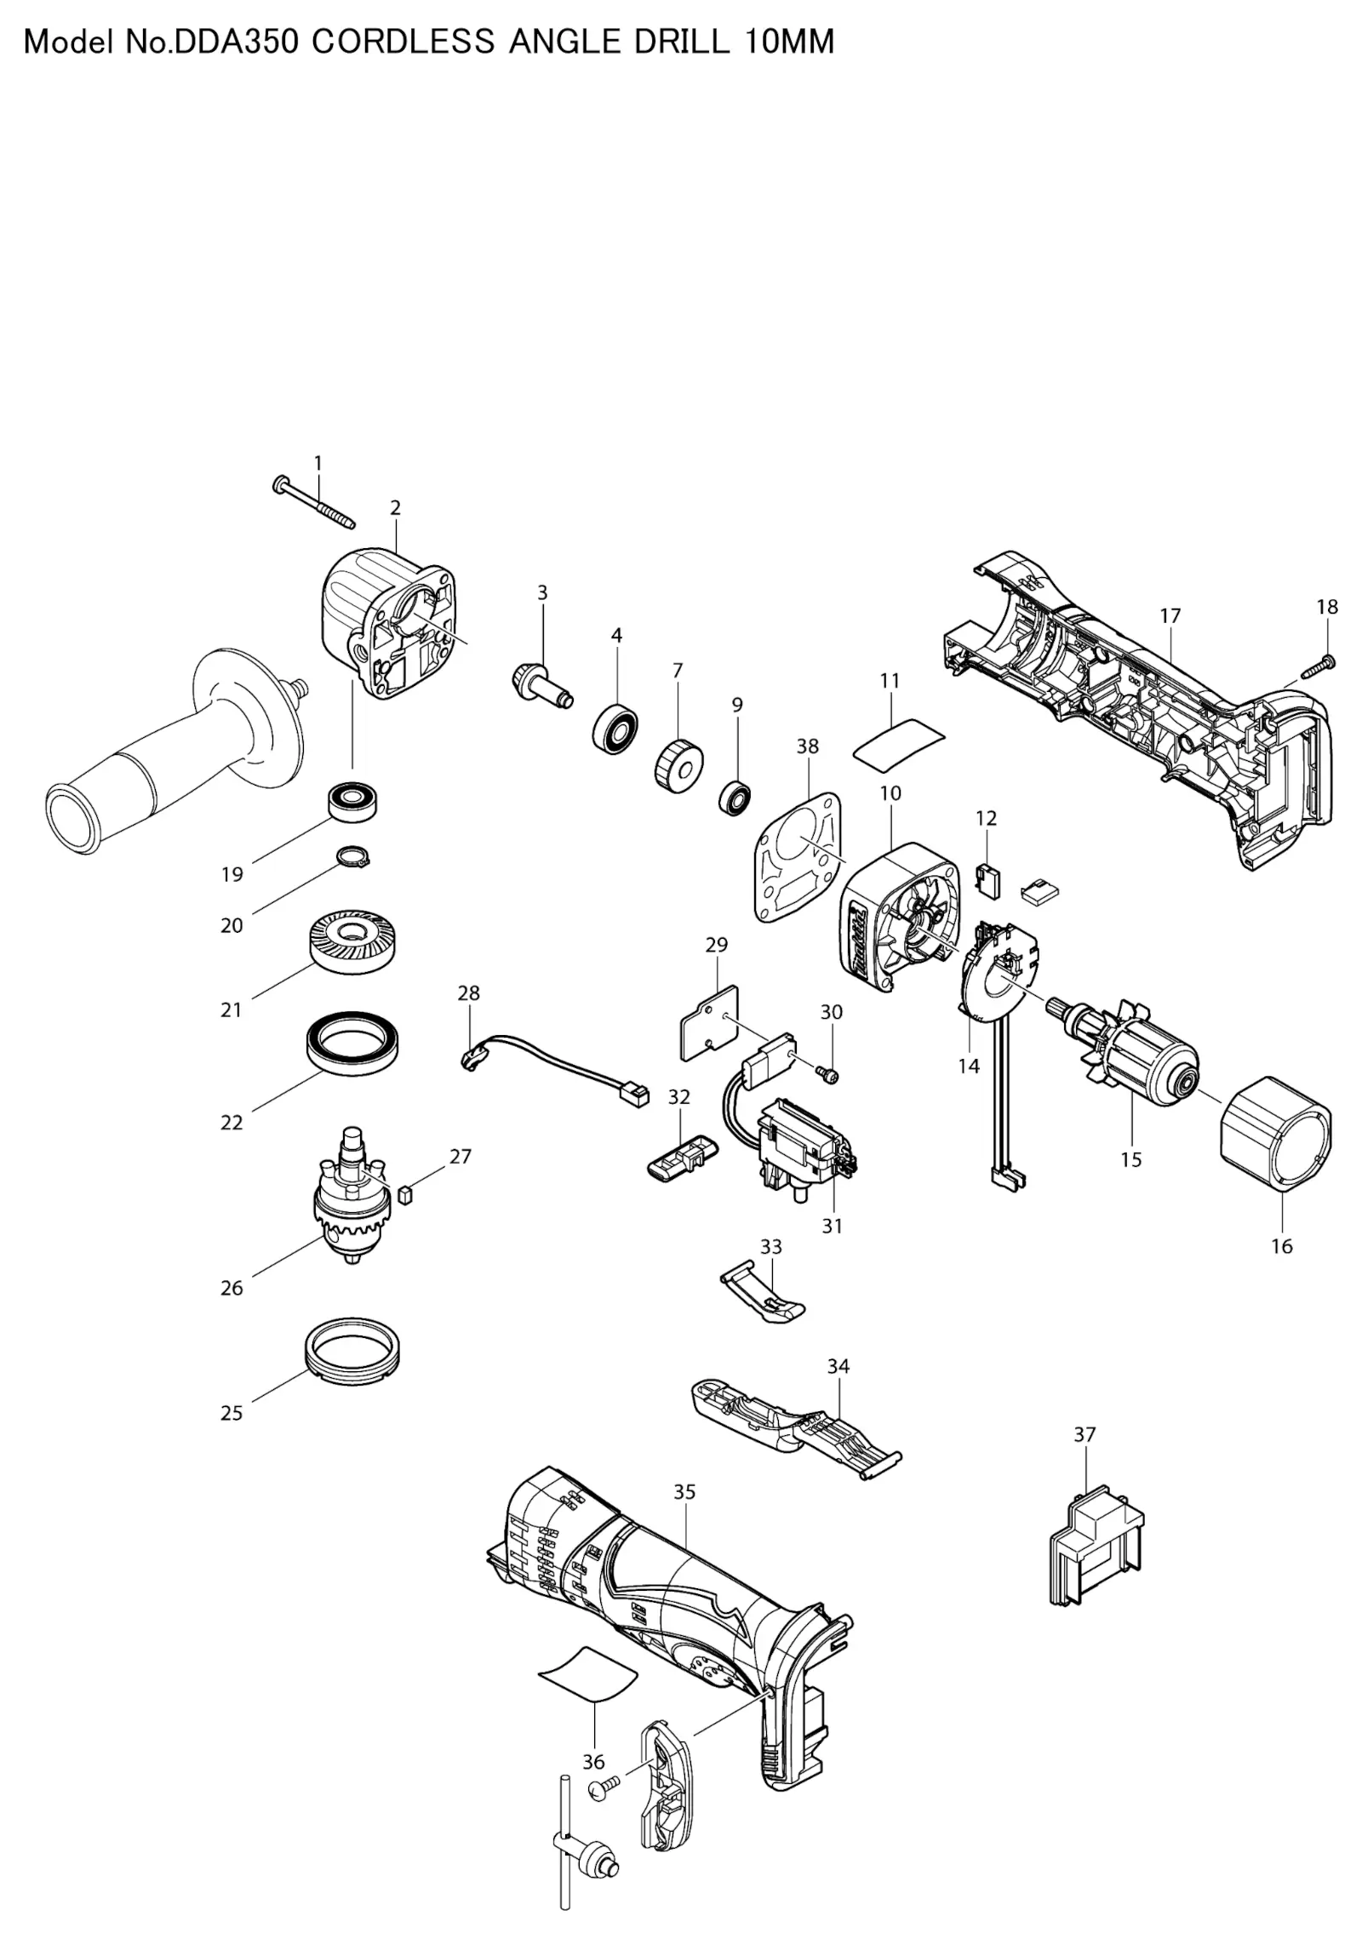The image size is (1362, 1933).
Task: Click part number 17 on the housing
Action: pos(1170,615)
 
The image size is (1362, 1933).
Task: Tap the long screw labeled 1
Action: pos(312,501)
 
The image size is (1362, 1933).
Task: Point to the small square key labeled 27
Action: pos(404,1195)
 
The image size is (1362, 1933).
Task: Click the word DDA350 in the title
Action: pos(236,42)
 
